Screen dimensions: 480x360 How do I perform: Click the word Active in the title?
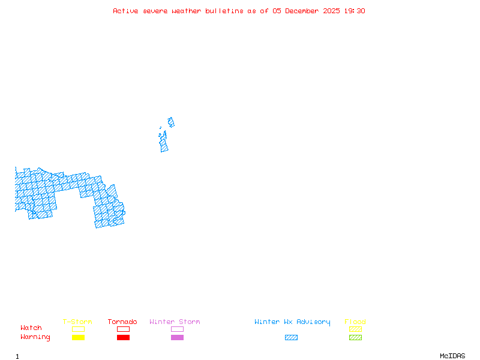click(126, 11)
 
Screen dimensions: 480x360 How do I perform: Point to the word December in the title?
click(304, 11)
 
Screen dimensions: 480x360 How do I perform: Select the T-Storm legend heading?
click(77, 322)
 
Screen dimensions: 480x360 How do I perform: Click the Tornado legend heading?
click(122, 322)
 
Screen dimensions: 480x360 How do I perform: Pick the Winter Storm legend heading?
click(175, 322)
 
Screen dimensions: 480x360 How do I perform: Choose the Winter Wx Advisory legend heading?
click(292, 322)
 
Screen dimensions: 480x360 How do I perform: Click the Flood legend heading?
click(355, 322)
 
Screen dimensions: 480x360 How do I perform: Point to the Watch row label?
click(31, 328)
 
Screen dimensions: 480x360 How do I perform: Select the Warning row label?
click(35, 337)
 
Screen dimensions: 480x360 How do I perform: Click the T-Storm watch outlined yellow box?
click(78, 329)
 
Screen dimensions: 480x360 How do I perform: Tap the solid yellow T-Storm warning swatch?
click(78, 337)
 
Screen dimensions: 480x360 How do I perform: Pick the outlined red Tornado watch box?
click(123, 329)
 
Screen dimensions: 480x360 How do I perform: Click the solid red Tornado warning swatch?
click(123, 337)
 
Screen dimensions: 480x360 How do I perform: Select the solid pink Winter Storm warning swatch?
click(177, 337)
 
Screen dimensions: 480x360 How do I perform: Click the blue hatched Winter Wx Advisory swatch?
click(291, 337)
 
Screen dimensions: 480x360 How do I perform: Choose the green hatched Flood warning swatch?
click(355, 337)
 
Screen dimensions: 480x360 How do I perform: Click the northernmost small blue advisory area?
click(171, 122)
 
